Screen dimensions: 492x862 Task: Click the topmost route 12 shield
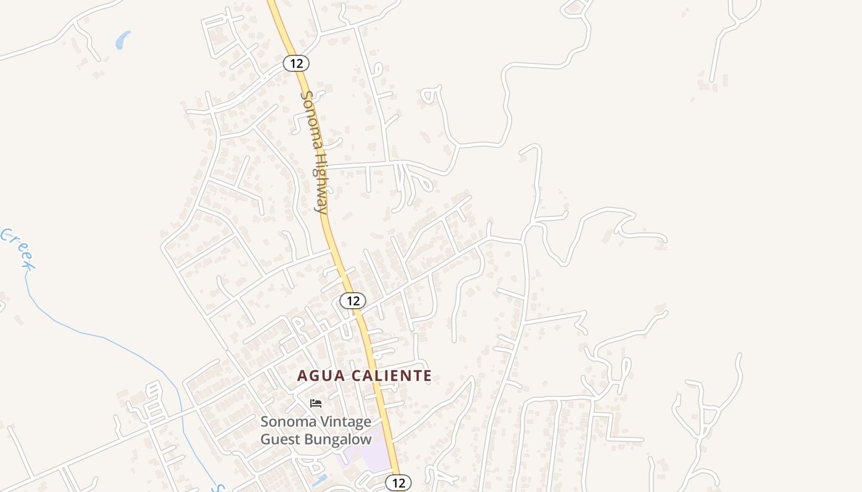pos(296,63)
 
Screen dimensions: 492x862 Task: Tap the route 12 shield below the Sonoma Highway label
pos(352,301)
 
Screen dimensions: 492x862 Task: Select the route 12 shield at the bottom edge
pos(398,483)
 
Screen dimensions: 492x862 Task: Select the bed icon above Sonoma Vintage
pos(316,403)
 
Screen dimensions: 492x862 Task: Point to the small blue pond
pos(123,41)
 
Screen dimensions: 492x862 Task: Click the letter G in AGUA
pos(313,376)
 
